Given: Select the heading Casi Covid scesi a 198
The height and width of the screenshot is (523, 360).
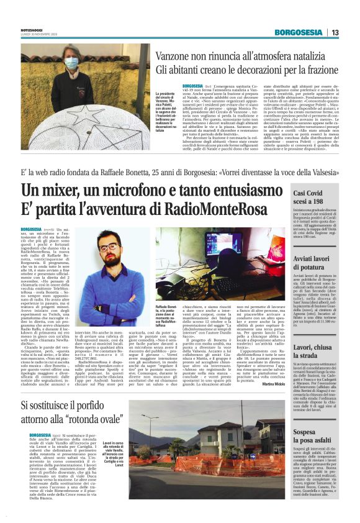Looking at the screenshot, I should click(315, 201).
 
